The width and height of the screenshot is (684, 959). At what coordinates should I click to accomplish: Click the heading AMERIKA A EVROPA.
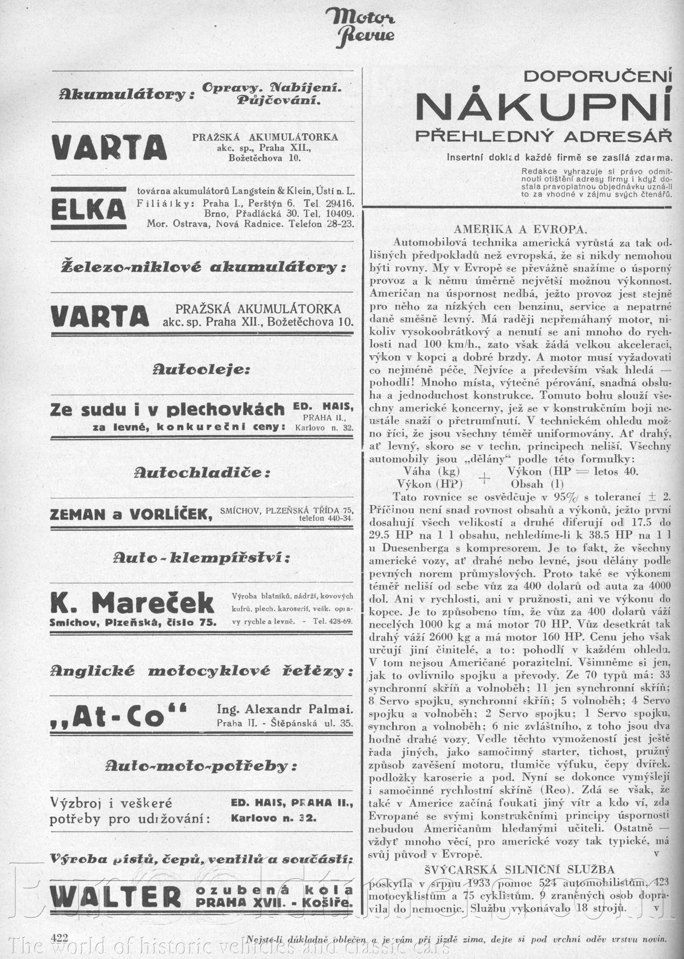[x=520, y=230]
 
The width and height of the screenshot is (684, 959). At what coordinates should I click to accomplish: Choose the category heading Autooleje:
[x=201, y=370]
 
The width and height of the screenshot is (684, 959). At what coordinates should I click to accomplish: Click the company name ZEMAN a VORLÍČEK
[x=131, y=515]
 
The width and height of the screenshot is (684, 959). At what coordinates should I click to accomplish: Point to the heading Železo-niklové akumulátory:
[x=203, y=268]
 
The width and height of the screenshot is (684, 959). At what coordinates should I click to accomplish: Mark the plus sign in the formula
[x=484, y=478]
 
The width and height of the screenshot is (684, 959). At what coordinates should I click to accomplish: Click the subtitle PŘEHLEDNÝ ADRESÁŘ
[x=543, y=136]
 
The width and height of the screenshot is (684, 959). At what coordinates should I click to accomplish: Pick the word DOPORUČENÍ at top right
[x=597, y=77]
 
